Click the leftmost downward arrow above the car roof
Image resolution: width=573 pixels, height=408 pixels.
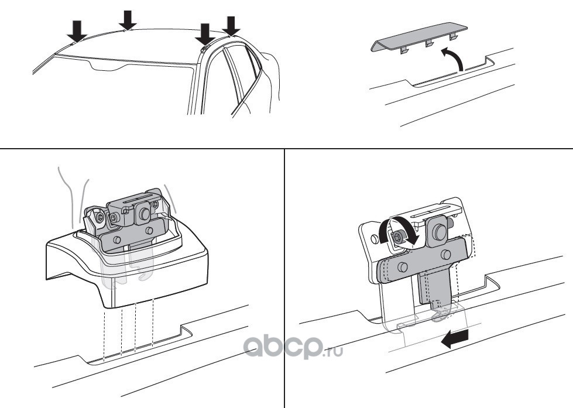77,32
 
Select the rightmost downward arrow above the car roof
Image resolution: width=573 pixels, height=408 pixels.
231,26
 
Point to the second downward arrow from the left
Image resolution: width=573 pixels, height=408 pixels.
128,20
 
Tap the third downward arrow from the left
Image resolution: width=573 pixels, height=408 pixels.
205,35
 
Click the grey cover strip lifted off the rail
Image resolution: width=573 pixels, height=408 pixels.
419,37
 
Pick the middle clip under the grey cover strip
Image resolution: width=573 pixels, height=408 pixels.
428,44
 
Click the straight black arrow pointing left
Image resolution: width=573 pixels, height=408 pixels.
455,338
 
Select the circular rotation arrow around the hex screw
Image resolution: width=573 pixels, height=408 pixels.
399,230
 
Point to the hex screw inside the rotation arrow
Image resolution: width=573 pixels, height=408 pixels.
397,237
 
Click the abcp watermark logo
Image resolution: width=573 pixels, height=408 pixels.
283,346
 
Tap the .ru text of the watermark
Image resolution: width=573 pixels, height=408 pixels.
333,352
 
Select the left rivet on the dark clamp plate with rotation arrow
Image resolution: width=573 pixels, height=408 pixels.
403,266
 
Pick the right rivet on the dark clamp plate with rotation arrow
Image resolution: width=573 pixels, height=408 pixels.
445,255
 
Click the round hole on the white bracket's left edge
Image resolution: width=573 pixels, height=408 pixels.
374,239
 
